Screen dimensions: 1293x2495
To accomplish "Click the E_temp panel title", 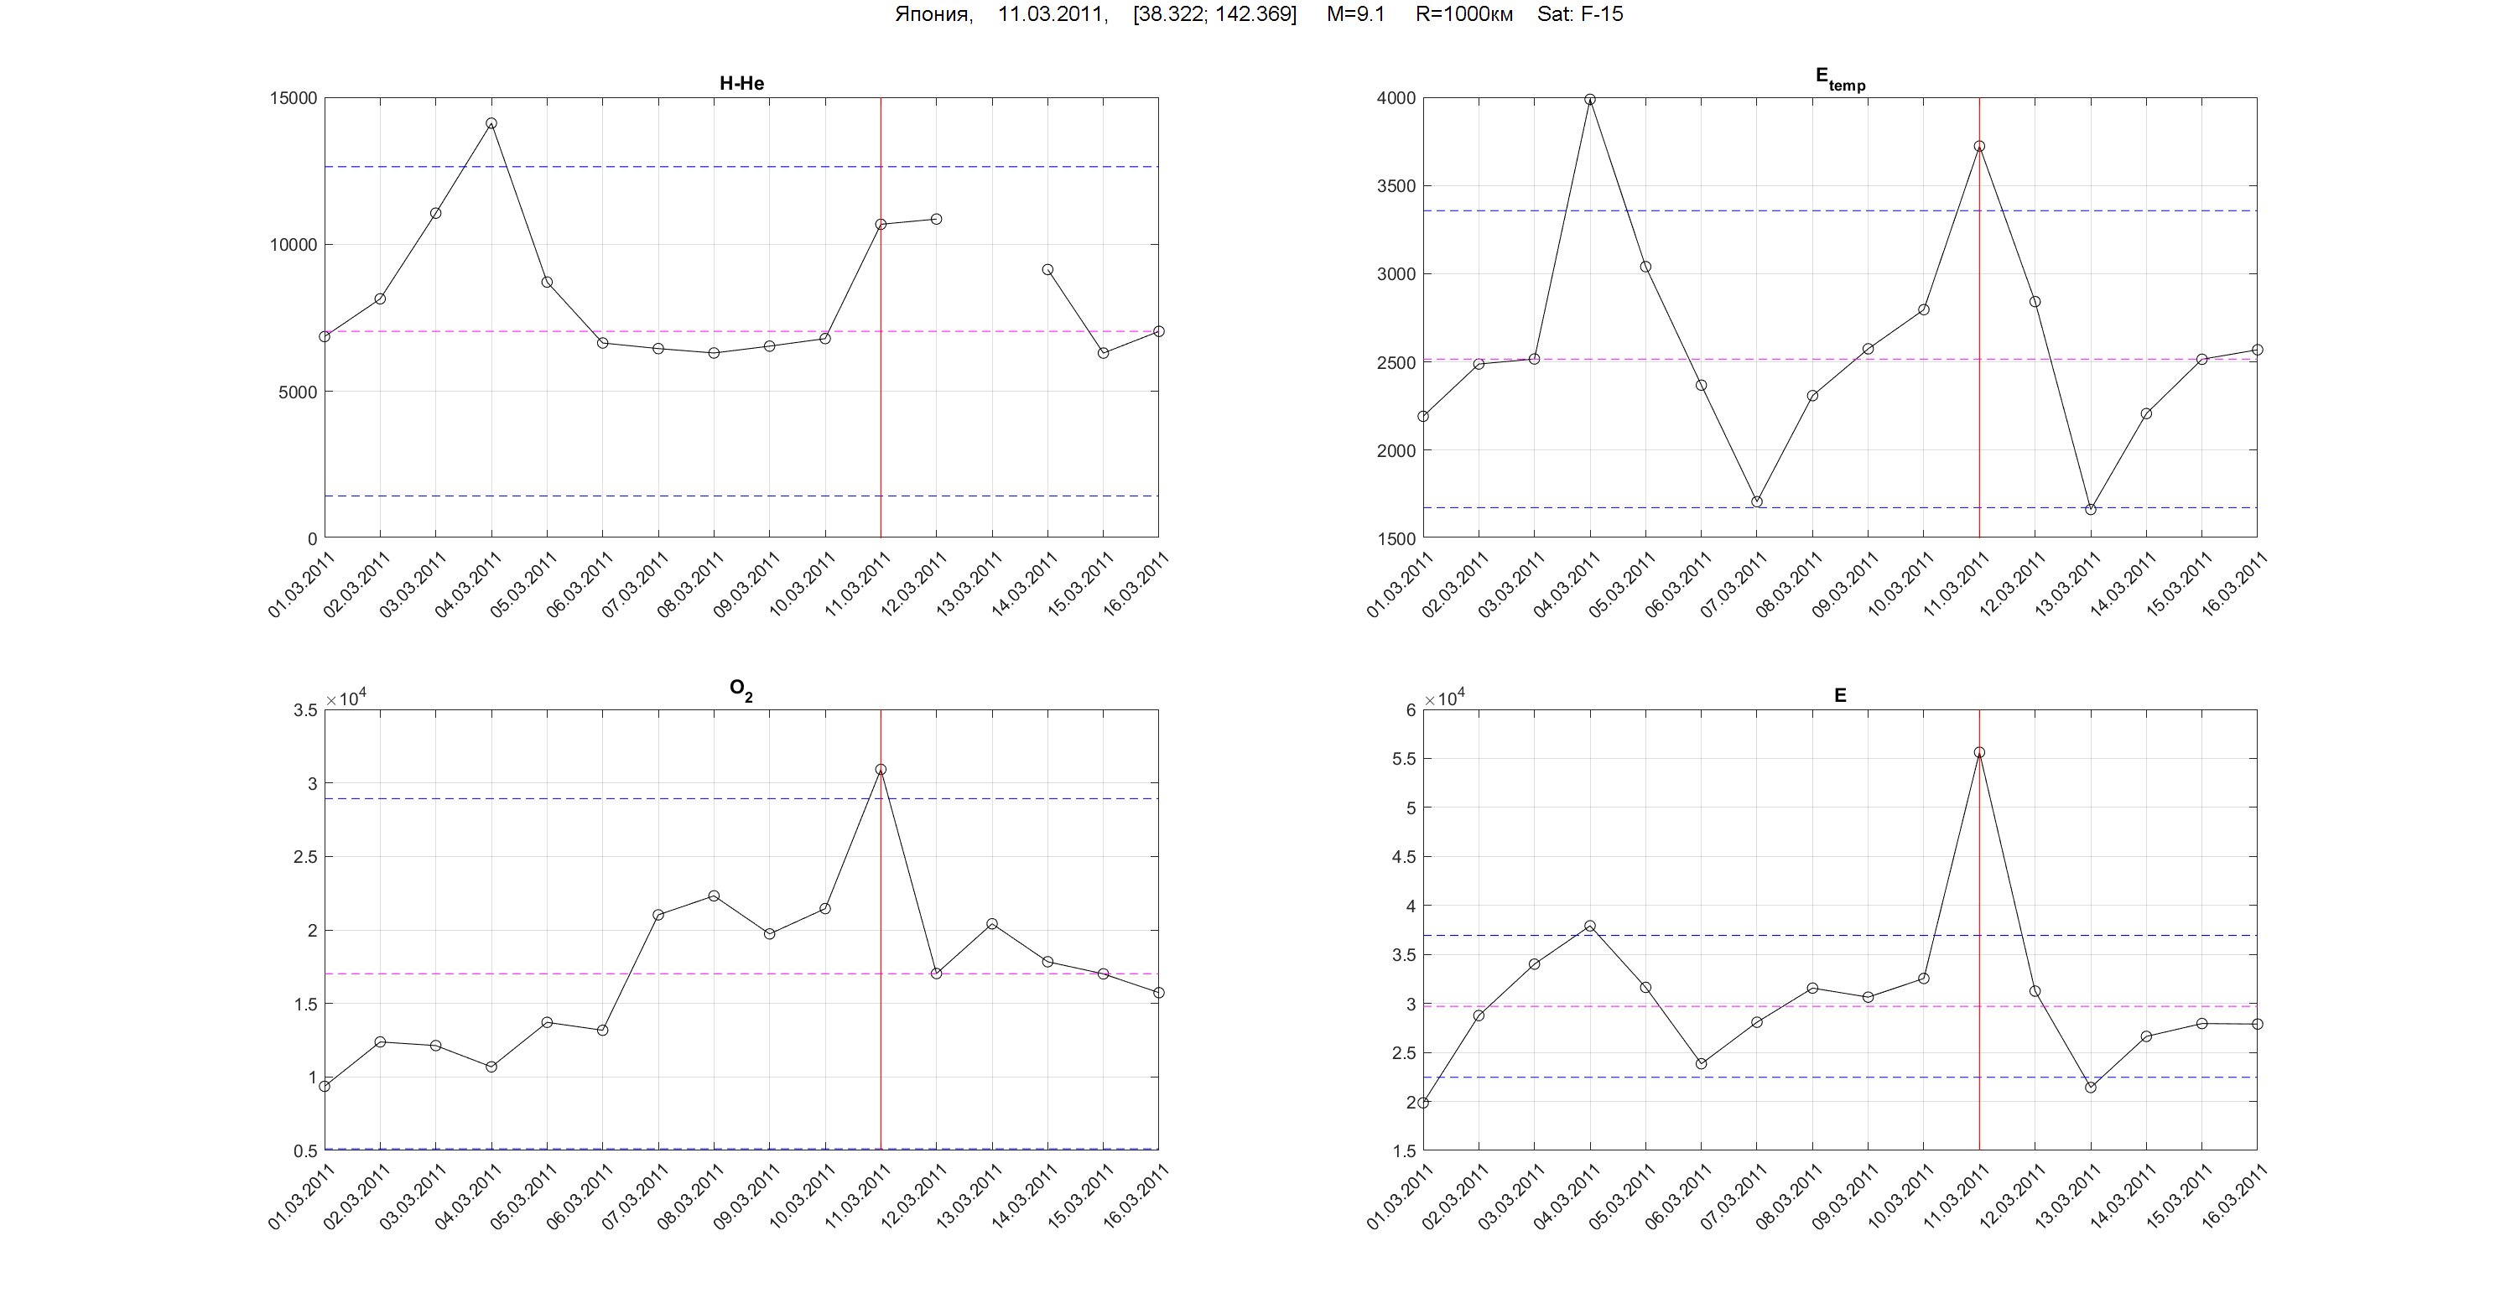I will (1839, 79).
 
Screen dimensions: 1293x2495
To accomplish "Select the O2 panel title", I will (741, 689).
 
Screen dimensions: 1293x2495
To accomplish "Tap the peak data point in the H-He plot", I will (491, 124).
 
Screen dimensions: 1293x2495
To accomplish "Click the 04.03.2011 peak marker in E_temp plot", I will (1589, 100).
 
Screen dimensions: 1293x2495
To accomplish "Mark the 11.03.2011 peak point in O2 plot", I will (881, 770).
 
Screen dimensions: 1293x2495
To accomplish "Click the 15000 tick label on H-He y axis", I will (293, 99).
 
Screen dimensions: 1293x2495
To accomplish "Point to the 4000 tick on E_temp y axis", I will (1395, 99).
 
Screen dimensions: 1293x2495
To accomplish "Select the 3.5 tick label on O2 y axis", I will (305, 711).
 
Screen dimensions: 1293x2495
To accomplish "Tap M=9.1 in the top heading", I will (1355, 14).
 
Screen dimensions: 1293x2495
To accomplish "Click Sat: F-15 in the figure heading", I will (1580, 14).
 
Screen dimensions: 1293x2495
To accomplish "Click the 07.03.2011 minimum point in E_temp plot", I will (1756, 501).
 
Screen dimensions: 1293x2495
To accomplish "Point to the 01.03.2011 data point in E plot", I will (1423, 1103).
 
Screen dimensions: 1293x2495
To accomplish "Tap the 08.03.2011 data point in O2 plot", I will (714, 896).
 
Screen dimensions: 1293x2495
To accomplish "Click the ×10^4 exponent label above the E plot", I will (1444, 698).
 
